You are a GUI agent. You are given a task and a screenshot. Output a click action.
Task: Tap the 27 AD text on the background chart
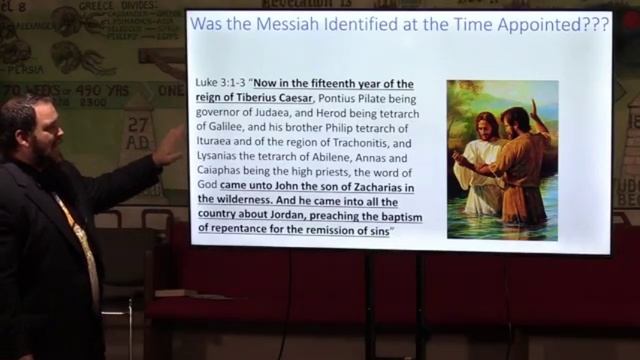tap(138, 133)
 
